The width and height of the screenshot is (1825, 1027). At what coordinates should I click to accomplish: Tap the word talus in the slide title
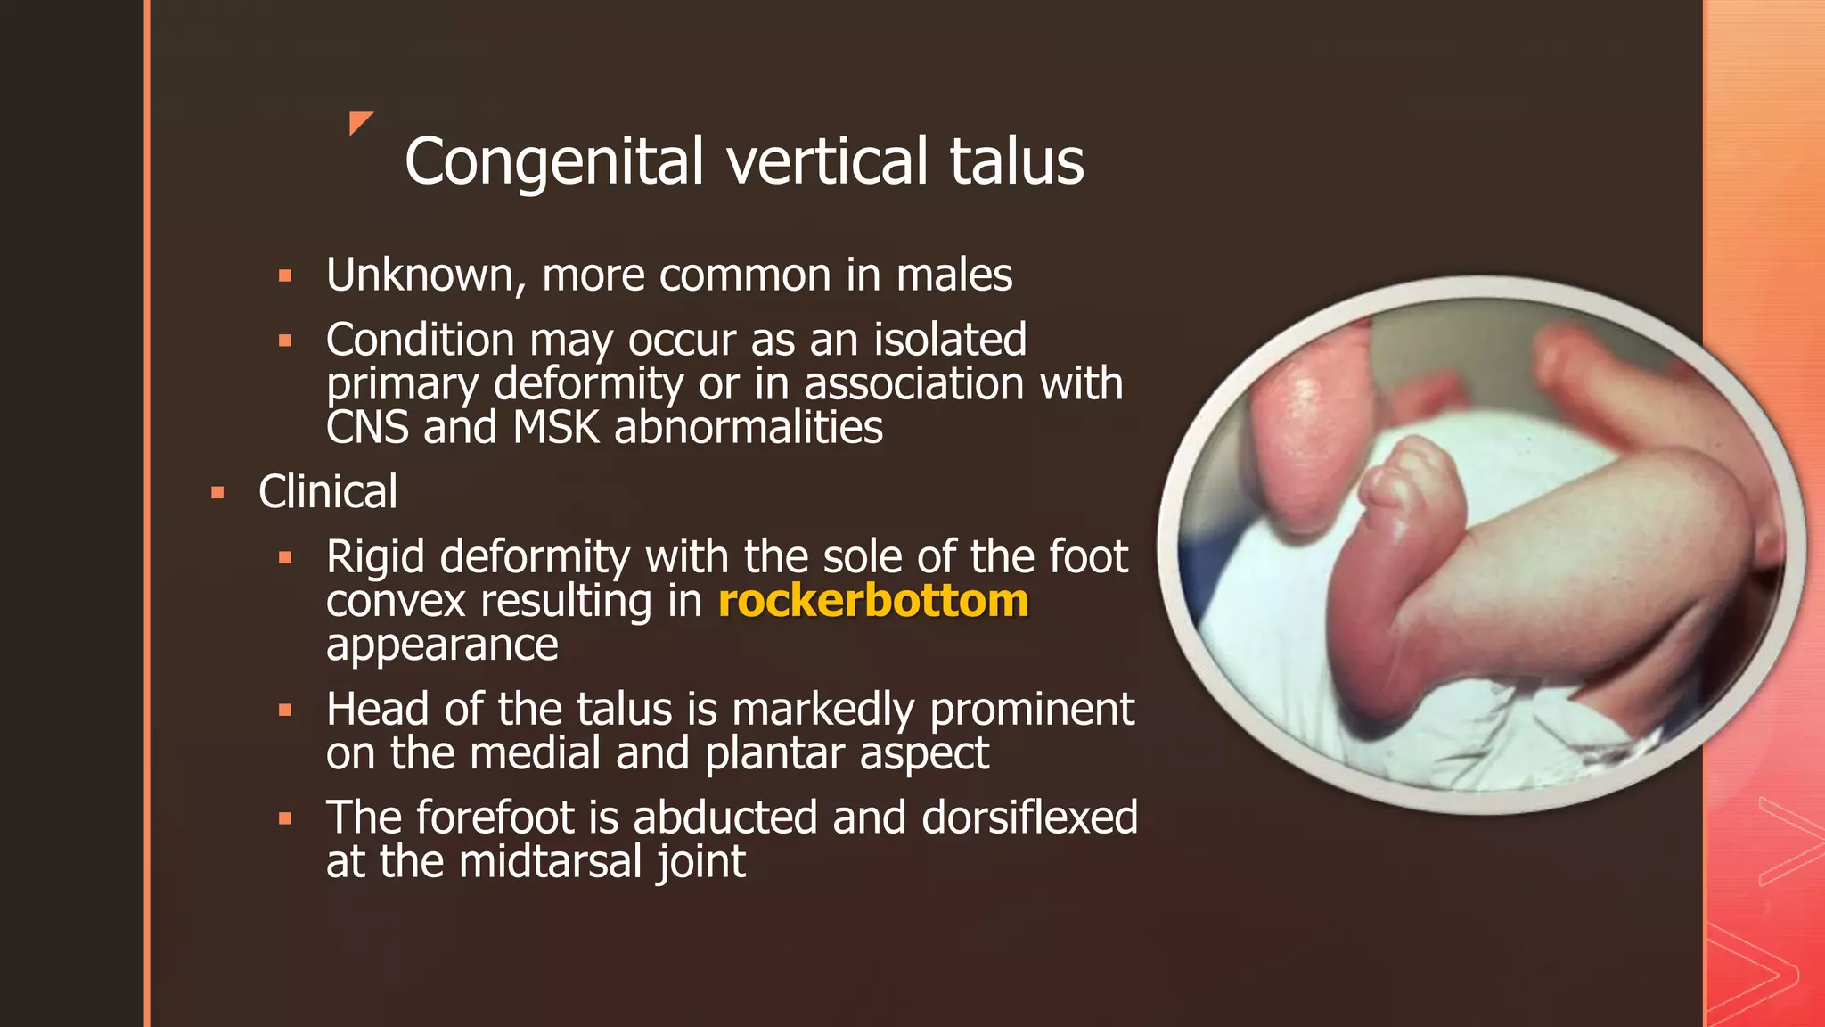pyautogui.click(x=1016, y=162)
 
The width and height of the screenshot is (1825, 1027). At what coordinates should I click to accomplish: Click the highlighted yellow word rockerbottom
pyautogui.click(x=873, y=601)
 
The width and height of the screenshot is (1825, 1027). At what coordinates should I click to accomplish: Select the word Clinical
pyautogui.click(x=328, y=492)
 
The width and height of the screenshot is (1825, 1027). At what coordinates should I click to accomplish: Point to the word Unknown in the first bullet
pyautogui.click(x=419, y=275)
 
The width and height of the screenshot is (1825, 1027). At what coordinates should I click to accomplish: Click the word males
pyautogui.click(x=954, y=275)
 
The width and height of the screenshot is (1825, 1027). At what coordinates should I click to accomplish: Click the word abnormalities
pyautogui.click(x=749, y=428)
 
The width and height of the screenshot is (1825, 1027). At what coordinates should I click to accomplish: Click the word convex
pyautogui.click(x=396, y=601)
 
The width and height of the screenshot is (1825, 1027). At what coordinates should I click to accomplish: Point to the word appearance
pyautogui.click(x=442, y=645)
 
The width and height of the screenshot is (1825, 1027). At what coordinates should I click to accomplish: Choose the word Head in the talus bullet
pyautogui.click(x=377, y=710)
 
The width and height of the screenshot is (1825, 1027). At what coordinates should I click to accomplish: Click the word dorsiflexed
pyautogui.click(x=1029, y=817)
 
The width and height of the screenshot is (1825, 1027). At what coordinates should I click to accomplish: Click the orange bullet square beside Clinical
pyautogui.click(x=217, y=492)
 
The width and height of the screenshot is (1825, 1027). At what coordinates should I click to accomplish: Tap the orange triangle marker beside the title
pyautogui.click(x=358, y=121)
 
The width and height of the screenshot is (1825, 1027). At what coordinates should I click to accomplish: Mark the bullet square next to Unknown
pyautogui.click(x=285, y=276)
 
